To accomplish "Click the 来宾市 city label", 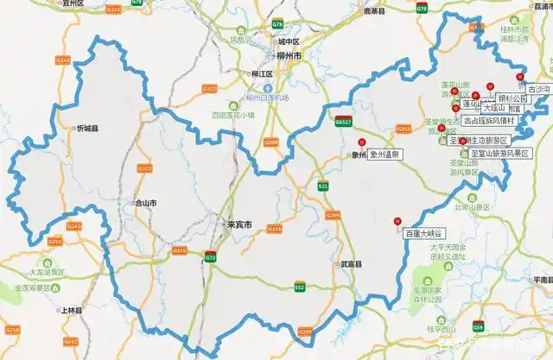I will coord(238,224).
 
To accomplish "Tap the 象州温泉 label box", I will coord(386,155).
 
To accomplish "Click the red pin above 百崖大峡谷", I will coord(397,220).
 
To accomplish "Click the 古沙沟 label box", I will coord(537,88).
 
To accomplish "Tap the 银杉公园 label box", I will coord(512,98).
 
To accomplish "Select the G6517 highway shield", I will coord(344,123).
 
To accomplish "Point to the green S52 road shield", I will coord(300,286).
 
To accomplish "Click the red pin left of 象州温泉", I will coord(363,143).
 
